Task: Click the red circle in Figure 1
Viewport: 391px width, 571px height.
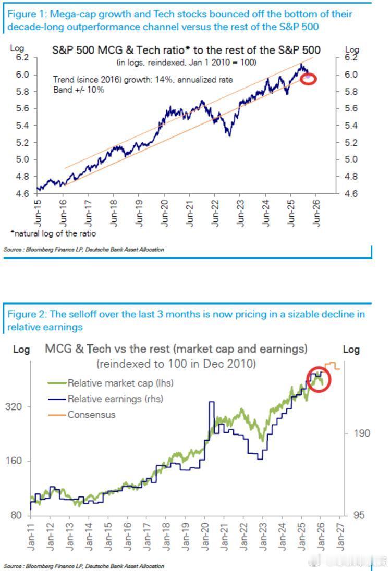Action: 308,79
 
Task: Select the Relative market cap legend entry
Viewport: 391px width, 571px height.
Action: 120,383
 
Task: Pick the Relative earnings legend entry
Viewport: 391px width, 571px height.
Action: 115,399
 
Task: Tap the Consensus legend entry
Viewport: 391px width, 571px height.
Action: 91,415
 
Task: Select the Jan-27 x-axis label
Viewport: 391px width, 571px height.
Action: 339,537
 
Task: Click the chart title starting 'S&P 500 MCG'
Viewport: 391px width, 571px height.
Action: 186,51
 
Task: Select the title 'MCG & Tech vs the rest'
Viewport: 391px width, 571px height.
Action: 176,349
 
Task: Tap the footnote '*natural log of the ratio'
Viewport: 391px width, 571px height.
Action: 53,233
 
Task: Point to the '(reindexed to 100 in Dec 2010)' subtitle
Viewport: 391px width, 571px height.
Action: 176,364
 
